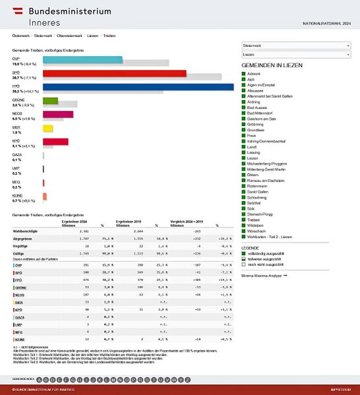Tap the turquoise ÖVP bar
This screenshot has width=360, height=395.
pos(82,59)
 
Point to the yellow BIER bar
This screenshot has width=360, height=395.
pos(47,128)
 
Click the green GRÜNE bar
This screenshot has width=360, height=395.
pos(50,101)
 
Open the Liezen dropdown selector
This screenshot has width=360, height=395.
pos(296,55)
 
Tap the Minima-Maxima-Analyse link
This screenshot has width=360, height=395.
pos(264,275)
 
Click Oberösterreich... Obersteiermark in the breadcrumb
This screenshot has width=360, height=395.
pos(68,34)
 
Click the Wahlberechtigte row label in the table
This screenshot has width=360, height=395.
pos(24,231)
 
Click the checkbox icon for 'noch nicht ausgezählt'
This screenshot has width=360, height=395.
pos(244,265)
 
